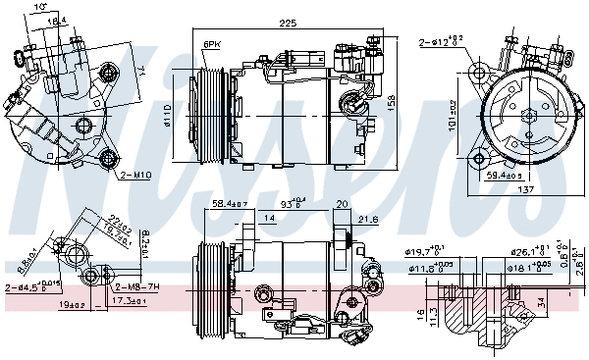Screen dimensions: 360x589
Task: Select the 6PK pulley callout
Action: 212,45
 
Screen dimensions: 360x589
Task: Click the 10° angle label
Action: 39,8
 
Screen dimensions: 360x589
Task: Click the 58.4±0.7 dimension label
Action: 231,204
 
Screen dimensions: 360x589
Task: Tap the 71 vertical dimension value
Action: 140,70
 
